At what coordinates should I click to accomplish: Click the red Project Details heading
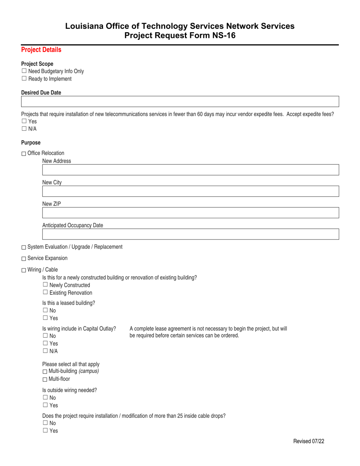pos(41,50)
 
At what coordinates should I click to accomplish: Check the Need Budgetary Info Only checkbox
pos(24,71)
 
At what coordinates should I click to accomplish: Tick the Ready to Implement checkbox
pos(24,78)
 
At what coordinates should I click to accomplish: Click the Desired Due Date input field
pos(180,102)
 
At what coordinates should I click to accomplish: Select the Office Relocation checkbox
pos(24,153)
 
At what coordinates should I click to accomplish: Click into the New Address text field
pos(190,170)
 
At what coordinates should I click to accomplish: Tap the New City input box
pos(190,191)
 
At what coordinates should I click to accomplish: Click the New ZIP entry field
pos(190,213)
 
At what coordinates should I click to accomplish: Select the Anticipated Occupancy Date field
pos(190,234)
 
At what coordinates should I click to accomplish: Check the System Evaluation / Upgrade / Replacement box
pos(24,247)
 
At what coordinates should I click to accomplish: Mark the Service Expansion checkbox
pos(24,259)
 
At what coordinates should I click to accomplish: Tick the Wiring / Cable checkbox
pos(24,270)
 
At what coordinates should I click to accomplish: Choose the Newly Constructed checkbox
pos(45,285)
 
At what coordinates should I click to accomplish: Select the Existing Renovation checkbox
pos(45,292)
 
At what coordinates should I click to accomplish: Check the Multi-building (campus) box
pos(45,372)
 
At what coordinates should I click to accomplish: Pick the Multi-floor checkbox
pos(45,379)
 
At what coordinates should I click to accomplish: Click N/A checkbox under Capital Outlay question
pos(45,350)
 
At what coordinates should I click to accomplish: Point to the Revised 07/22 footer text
pos(308,441)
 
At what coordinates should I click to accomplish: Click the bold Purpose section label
pos(31,143)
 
